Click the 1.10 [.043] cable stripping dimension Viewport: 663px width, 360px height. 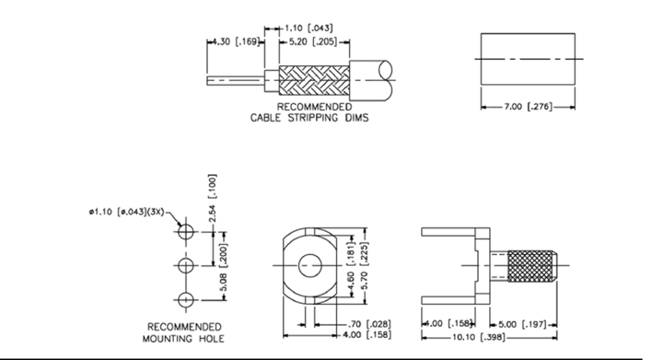(308, 29)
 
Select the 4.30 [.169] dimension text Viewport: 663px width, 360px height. (235, 41)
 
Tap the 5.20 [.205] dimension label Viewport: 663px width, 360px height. (313, 41)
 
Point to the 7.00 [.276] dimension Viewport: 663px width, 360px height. (529, 107)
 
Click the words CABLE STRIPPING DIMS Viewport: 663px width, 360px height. (309, 118)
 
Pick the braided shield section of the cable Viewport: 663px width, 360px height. (314, 80)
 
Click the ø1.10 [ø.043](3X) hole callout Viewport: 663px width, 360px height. (126, 212)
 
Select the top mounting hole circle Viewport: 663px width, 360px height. (186, 232)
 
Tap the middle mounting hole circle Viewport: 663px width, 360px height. (186, 266)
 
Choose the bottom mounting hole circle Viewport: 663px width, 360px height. (186, 300)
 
